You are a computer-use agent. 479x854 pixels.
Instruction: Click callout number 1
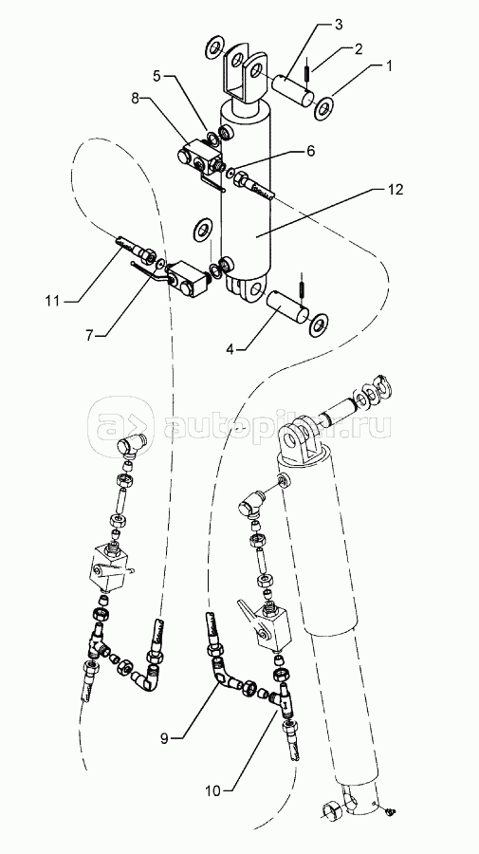[x=389, y=65]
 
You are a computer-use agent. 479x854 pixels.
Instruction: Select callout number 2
[x=358, y=49]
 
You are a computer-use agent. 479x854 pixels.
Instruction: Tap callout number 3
[x=338, y=24]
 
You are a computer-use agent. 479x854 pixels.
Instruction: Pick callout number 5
[x=157, y=76]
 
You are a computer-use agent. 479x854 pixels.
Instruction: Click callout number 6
[x=310, y=151]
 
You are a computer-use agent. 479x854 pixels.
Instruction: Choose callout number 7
[x=89, y=336]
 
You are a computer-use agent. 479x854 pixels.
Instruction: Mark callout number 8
[x=136, y=99]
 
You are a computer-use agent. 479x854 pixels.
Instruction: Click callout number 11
[x=53, y=300]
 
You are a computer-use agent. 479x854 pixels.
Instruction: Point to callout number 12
[x=396, y=189]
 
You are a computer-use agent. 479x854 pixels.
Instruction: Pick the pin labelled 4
[x=286, y=307]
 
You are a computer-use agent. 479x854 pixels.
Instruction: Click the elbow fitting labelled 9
[x=224, y=670]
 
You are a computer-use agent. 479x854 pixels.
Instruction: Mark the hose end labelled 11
[x=135, y=248]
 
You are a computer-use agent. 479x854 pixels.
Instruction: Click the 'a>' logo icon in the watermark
[x=120, y=425]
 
